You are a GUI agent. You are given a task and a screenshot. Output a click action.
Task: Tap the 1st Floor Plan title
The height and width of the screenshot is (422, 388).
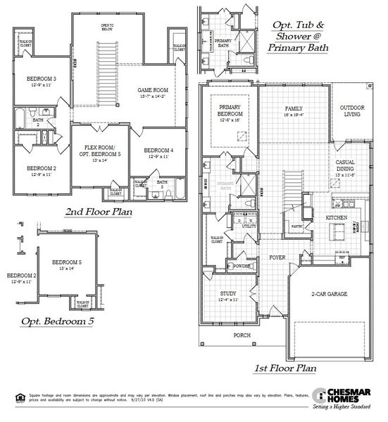285,367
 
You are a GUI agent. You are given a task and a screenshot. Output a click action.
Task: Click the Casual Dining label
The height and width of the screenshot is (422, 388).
345,165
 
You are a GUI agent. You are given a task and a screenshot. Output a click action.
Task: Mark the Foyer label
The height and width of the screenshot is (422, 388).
277,257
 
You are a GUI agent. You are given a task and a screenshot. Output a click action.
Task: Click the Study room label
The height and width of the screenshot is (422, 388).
227,295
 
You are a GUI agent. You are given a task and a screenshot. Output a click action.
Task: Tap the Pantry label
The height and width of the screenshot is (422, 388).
296,226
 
